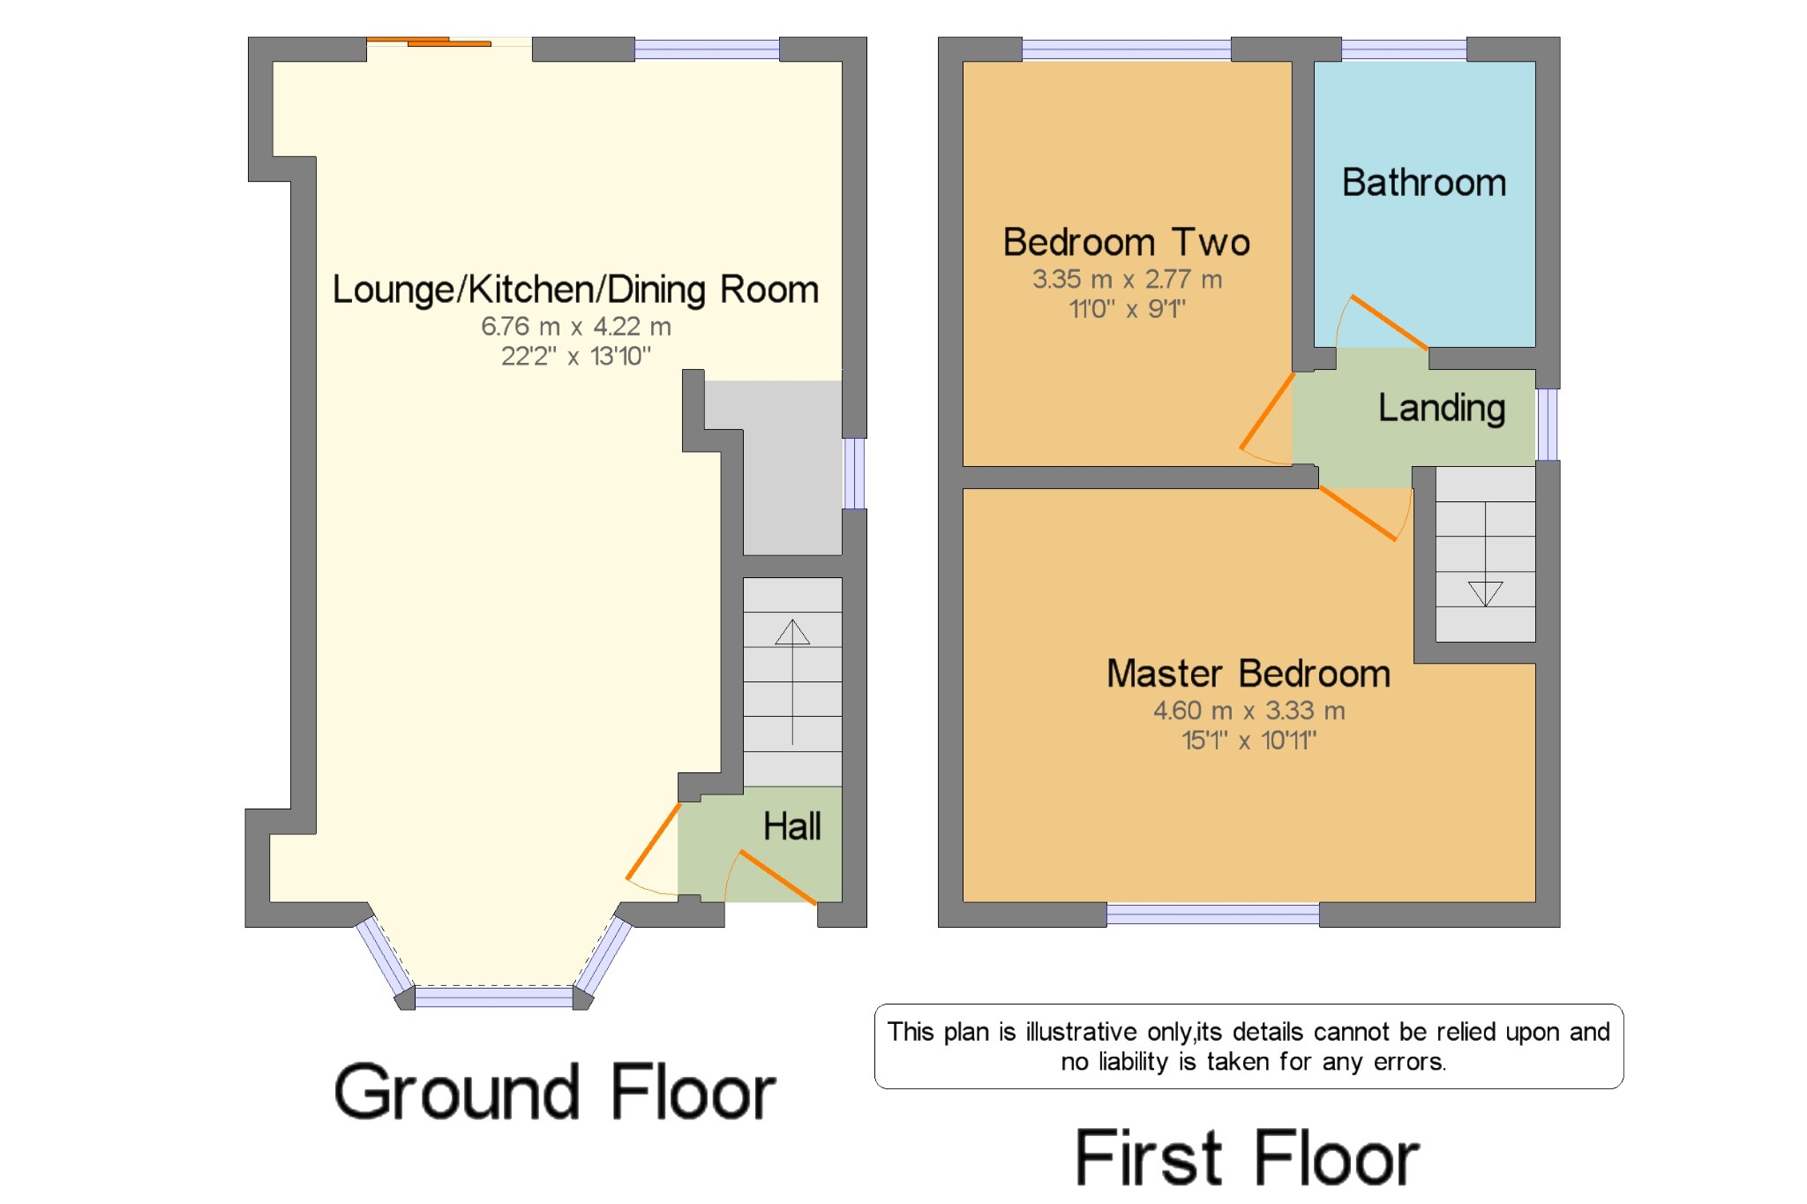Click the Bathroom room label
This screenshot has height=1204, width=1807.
(1424, 183)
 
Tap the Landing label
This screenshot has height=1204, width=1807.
(1442, 409)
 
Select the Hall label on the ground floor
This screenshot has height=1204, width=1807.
(791, 826)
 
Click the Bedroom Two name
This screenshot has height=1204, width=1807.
(1127, 242)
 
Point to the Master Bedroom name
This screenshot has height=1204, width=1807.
(1248, 673)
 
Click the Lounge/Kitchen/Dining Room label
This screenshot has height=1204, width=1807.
(575, 290)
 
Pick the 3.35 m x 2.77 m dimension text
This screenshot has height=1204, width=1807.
(1127, 280)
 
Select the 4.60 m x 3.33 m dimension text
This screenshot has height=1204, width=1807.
(1248, 711)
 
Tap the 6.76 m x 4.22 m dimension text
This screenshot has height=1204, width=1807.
(575, 327)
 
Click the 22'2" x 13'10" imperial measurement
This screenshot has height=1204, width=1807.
(575, 356)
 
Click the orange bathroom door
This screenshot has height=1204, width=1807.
(1389, 321)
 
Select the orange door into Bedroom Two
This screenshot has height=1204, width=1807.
(1268, 411)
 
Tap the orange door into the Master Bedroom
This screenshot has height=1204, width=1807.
(1359, 513)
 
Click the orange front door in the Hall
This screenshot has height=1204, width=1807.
(777, 877)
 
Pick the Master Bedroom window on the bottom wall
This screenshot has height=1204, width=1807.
(1213, 914)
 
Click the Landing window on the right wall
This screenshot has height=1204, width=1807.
(1548, 425)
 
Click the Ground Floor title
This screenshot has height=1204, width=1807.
(555, 1093)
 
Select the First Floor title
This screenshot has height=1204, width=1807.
(1248, 1157)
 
